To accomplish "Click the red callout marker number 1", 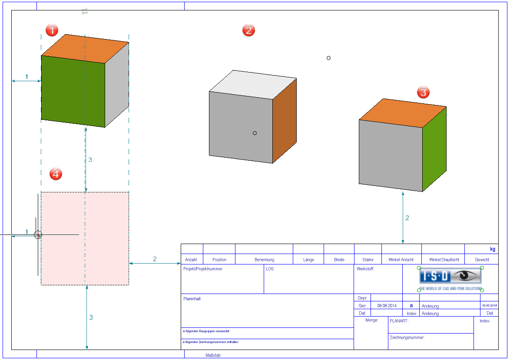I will coord(52,30).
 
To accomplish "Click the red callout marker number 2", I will coord(248,30).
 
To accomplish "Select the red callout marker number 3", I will coord(423,92).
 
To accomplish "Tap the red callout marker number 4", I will coord(56,174).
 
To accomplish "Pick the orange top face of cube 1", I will coord(85,48).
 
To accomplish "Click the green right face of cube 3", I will coord(434,150).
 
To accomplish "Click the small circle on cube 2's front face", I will coord(255,133).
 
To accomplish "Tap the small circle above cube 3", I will coord(328,58).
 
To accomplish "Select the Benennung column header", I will coord(264,260).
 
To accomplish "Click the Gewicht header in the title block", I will coord(482,260).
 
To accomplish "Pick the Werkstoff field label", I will coord(365,269).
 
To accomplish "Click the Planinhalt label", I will coord(192,299).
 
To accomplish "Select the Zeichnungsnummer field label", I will coord(407,337).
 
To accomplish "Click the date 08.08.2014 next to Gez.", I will coord(387,306).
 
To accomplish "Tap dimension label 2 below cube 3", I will coord(407,218).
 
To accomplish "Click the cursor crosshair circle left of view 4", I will coord(38,234).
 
